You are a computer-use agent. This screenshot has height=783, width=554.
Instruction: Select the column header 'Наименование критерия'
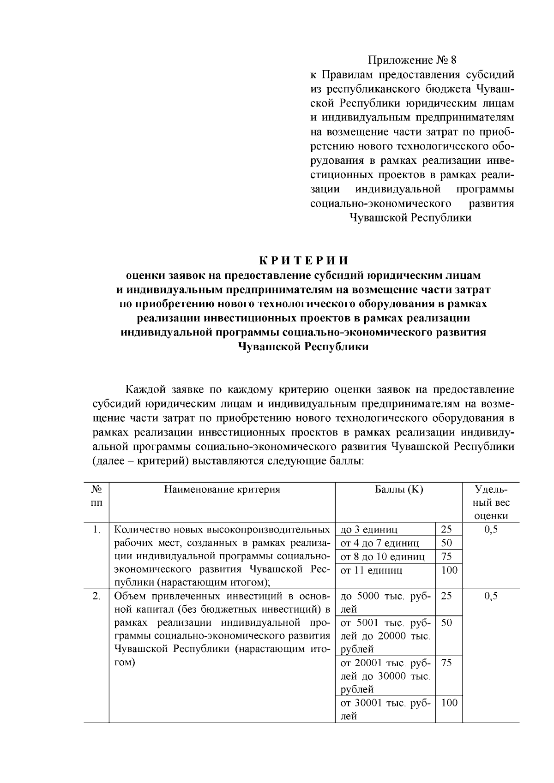pyautogui.click(x=222, y=490)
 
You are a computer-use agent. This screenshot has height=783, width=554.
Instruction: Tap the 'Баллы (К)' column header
pyautogui.click(x=398, y=490)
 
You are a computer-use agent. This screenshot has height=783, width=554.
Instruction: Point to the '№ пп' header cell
pyautogui.click(x=96, y=496)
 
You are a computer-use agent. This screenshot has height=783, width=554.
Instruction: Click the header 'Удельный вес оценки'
pyautogui.click(x=491, y=502)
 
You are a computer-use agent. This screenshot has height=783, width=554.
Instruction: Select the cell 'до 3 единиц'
pyautogui.click(x=369, y=530)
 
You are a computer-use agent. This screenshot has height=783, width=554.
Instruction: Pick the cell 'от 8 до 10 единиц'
pyautogui.click(x=382, y=556)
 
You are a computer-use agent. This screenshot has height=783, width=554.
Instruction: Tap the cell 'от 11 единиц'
pyautogui.click(x=371, y=570)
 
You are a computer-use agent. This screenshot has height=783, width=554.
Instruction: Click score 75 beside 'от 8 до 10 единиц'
pyautogui.click(x=446, y=556)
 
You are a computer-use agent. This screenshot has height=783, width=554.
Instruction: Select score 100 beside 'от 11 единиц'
pyautogui.click(x=449, y=570)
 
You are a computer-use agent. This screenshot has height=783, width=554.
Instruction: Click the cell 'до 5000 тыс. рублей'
pyautogui.click(x=385, y=602)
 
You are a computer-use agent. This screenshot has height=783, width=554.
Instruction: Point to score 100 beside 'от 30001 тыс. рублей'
pyautogui.click(x=449, y=703)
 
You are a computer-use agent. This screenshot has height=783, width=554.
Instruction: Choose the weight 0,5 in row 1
pyautogui.click(x=491, y=530)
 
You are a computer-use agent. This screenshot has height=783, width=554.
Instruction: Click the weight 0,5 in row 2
pyautogui.click(x=491, y=596)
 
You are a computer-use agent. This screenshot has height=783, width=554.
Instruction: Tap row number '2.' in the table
pyautogui.click(x=96, y=596)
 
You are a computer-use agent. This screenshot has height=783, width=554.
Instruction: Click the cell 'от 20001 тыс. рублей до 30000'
pyautogui.click(x=385, y=676)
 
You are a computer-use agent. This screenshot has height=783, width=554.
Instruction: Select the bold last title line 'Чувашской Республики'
pyautogui.click(x=303, y=347)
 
